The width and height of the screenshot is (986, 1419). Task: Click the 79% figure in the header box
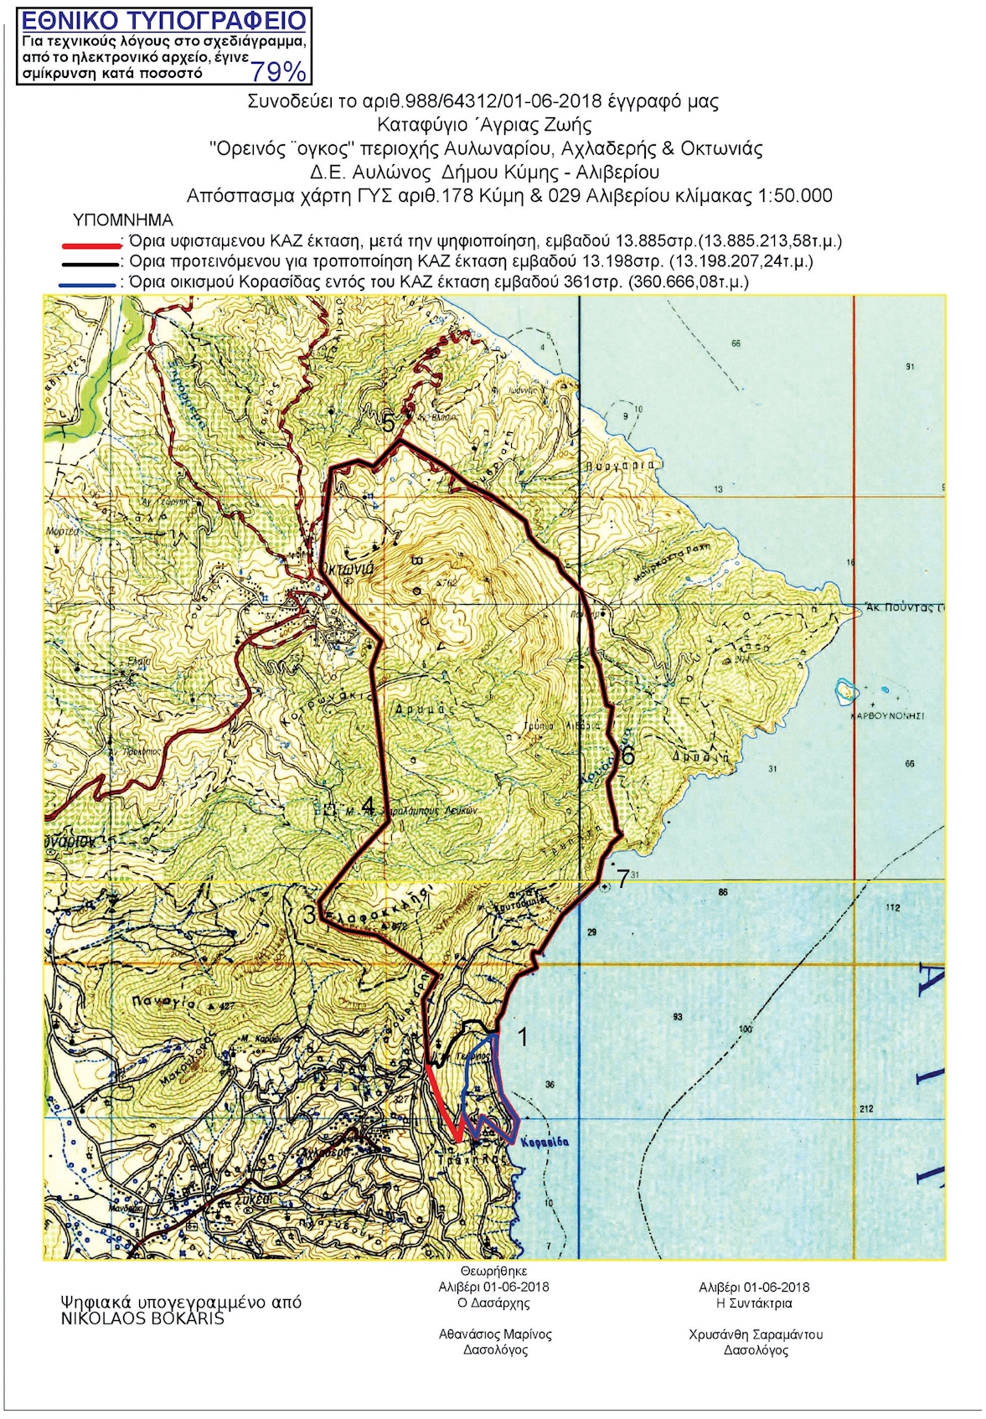tap(278, 72)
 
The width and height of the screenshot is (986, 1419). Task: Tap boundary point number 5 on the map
tap(389, 423)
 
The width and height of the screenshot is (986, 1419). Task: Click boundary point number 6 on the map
tap(627, 755)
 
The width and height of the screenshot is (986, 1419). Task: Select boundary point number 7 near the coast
tap(622, 878)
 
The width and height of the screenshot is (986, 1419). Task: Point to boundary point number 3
tap(308, 915)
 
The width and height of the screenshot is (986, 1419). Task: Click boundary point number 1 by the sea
tap(523, 1037)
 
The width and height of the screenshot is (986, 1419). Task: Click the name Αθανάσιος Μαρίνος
tap(495, 1334)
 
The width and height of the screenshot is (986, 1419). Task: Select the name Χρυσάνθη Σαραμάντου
tap(756, 1334)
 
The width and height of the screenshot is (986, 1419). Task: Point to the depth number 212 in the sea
tap(865, 1109)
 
